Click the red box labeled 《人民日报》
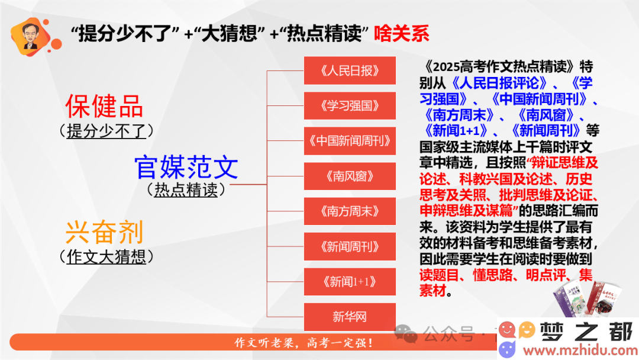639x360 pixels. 350,70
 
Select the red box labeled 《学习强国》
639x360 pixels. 350,105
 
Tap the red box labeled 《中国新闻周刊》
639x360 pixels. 350,141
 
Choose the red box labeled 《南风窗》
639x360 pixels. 350,176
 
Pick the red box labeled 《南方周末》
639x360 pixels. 350,211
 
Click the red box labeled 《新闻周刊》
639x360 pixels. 350,246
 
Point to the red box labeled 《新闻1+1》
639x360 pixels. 350,282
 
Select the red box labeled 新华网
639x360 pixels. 350,317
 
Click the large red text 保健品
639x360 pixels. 104,106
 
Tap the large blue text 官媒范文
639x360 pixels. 186,167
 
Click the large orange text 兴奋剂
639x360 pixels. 104,232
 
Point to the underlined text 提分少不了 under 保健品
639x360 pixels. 106,131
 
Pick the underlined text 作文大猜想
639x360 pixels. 106,257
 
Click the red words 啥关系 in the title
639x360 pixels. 401,33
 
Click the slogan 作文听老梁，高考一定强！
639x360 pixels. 304,342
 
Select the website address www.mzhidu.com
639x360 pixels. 580,350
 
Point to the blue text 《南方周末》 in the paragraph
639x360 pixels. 459,115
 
